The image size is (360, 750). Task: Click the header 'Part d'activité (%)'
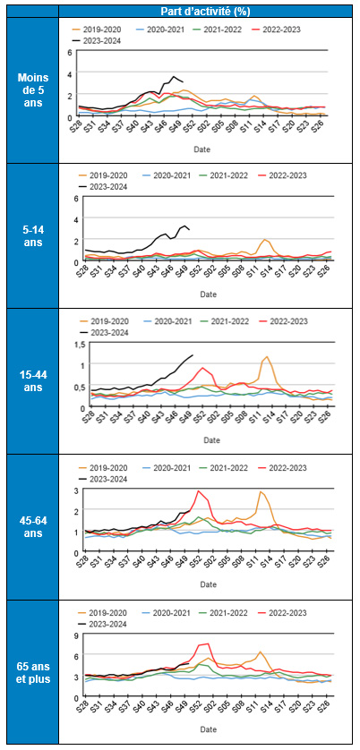click(x=209, y=10)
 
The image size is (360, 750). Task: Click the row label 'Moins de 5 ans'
click(x=33, y=89)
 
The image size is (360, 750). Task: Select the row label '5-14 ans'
click(x=33, y=235)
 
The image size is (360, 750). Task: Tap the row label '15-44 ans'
click(x=33, y=381)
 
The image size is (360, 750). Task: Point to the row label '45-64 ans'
click(x=33, y=527)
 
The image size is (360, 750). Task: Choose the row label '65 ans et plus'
click(x=33, y=672)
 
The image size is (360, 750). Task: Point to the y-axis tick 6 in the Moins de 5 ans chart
click(x=69, y=53)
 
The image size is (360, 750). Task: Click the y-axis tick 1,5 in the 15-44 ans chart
click(x=65, y=345)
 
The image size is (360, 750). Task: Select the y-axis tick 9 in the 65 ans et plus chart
click(x=69, y=636)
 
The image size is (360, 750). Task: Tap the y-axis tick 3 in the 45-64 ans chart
click(x=69, y=490)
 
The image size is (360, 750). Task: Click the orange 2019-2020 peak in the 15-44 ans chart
click(x=267, y=357)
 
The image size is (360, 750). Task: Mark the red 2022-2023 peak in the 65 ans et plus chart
click(x=208, y=643)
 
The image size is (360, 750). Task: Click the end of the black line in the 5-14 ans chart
click(x=189, y=230)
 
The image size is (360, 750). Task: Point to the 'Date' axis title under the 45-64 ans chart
click(x=210, y=585)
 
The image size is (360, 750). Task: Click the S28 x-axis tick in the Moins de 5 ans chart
click(x=78, y=130)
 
